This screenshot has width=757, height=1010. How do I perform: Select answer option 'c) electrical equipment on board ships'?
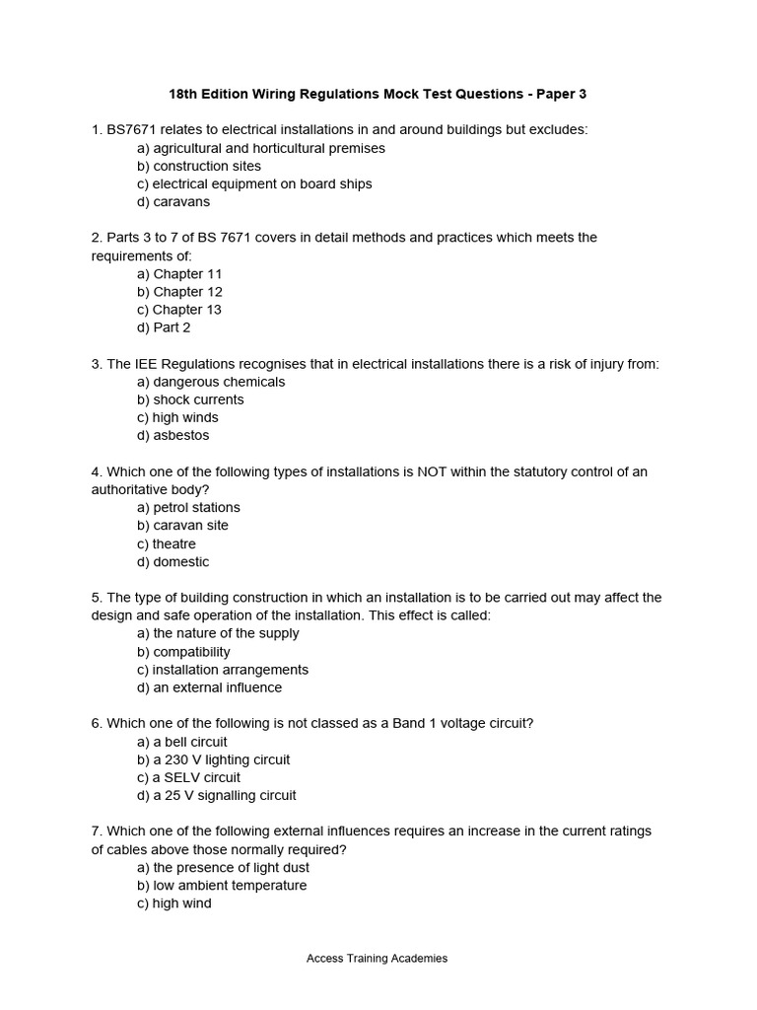254,183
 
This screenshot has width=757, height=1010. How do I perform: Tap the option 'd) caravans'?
173,201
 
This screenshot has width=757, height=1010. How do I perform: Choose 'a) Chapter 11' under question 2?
180,273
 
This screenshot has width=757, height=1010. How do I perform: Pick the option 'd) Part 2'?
165,327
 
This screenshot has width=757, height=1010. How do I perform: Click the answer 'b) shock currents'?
190,399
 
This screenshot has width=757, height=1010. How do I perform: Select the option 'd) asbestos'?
173,435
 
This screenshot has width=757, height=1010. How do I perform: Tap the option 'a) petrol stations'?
189,507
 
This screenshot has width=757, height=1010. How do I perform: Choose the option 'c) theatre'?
167,543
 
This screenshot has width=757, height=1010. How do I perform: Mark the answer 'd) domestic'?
173,561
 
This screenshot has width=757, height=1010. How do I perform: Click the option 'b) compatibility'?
184,651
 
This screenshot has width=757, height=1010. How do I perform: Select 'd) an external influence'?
210,687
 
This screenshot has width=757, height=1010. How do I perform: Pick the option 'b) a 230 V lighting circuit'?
214,759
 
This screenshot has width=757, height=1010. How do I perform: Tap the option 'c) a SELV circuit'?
189,777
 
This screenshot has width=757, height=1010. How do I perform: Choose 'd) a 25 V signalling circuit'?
217,795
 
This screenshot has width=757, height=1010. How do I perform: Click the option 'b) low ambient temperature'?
222,885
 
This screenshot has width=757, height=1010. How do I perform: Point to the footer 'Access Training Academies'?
378,958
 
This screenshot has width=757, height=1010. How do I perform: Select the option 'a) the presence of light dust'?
224,867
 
